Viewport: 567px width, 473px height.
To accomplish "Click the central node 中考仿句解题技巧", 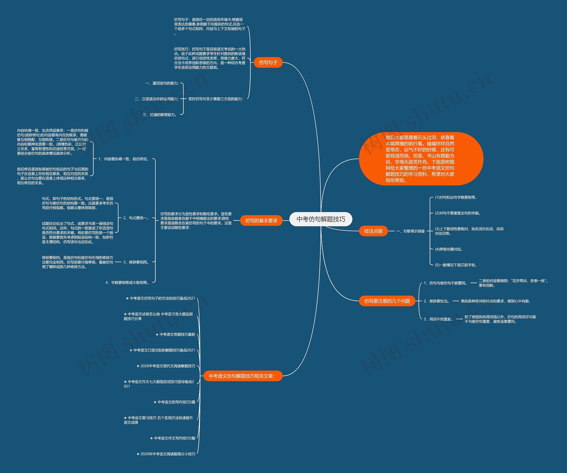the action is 321,219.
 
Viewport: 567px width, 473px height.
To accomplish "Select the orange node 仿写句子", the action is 268,63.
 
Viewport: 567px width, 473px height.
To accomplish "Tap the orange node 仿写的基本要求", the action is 261,221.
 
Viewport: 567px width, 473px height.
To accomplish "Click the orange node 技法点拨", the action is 373,231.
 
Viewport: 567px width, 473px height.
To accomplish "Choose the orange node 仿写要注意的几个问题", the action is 387,301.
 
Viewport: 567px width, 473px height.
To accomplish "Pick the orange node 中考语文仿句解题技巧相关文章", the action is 242,376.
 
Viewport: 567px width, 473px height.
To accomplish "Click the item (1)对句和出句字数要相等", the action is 456,197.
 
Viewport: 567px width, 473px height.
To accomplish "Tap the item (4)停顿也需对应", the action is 449,249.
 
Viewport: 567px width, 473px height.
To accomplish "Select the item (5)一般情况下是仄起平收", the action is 456,265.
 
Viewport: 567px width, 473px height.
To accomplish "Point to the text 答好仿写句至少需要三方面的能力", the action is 216,99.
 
